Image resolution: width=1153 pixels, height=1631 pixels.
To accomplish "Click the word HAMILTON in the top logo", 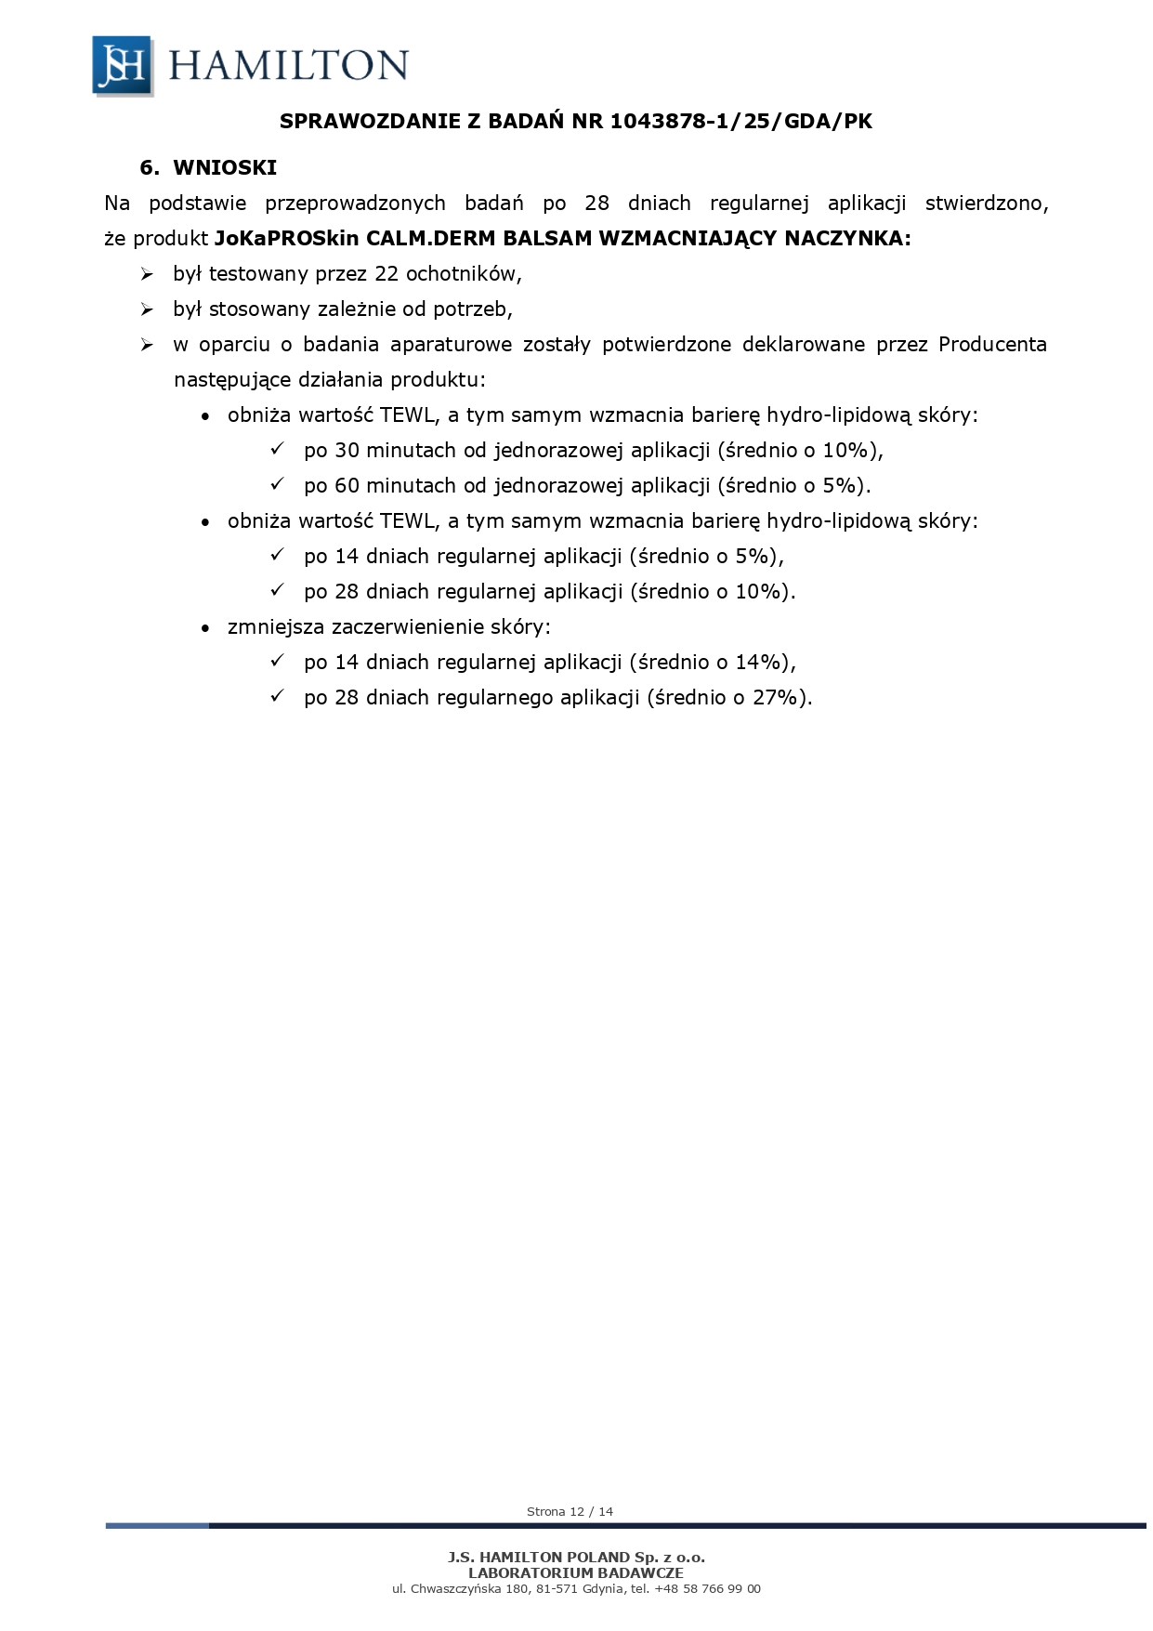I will pyautogui.click(x=288, y=66).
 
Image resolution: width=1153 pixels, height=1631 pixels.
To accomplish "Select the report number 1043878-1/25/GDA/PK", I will pyautogui.click(x=741, y=122).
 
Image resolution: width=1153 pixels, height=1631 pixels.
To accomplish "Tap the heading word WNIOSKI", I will pyautogui.click(x=225, y=168).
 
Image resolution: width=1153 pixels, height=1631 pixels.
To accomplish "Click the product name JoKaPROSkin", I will pyautogui.click(x=286, y=239).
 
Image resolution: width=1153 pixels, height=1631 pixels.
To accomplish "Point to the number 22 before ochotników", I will pyautogui.click(x=387, y=274).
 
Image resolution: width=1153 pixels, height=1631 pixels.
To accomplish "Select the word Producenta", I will pyautogui.click(x=991, y=345).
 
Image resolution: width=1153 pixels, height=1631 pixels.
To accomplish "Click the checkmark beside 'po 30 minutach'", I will pyautogui.click(x=277, y=450).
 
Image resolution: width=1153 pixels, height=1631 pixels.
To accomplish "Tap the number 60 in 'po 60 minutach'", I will pyautogui.click(x=347, y=486).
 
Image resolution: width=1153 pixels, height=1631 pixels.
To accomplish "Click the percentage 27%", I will pyautogui.click(x=776, y=698).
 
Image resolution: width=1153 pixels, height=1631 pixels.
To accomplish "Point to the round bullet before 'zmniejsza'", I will pyautogui.click(x=205, y=628).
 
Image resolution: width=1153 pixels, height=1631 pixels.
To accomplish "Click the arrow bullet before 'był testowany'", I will pyautogui.click(x=147, y=275).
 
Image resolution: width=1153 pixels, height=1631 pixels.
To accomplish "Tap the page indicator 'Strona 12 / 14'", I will pyautogui.click(x=570, y=1512).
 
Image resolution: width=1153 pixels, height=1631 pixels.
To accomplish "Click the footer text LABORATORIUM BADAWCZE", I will pyautogui.click(x=576, y=1573).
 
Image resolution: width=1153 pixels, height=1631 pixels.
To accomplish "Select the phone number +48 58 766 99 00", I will pyautogui.click(x=707, y=1589).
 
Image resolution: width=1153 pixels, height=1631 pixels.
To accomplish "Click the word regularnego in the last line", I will pyautogui.click(x=494, y=698).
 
